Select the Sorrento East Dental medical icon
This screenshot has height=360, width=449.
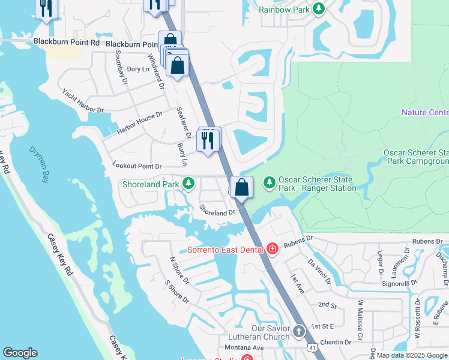[273, 248]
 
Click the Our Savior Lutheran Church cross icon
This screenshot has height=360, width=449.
[300, 331]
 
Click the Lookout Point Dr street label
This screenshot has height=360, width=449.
[137, 166]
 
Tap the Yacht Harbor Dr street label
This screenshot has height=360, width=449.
[83, 101]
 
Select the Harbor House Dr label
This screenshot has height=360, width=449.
[140, 122]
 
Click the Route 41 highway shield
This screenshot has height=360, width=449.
[311, 348]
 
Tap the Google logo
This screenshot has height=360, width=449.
[20, 353]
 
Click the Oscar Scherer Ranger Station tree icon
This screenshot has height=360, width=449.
[270, 181]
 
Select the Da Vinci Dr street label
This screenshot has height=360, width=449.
[319, 271]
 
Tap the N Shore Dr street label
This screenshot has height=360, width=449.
[178, 271]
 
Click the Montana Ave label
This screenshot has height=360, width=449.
[244, 348]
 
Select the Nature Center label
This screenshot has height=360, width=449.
[424, 112]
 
